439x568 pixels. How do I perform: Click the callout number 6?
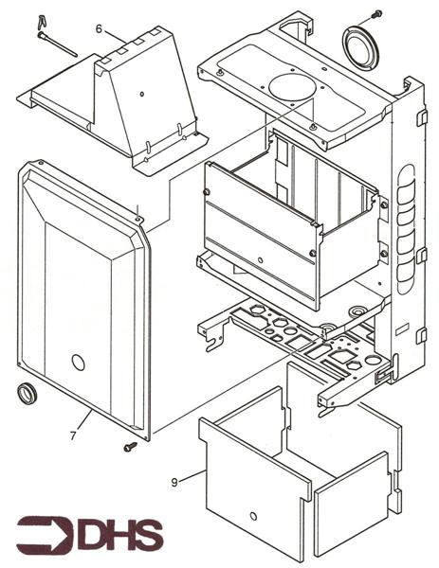pyautogui.click(x=99, y=28)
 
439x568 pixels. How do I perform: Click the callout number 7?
pyautogui.click(x=73, y=435)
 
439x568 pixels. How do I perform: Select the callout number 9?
pyautogui.click(x=174, y=483)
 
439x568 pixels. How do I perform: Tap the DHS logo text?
pyautogui.click(x=120, y=535)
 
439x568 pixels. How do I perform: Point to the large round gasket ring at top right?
pyautogui.click(x=360, y=47)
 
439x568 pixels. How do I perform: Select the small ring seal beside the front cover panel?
pyautogui.click(x=27, y=393)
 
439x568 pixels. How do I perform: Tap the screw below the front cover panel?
pyautogui.click(x=130, y=447)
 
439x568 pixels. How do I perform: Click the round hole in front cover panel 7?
pyautogui.click(x=78, y=363)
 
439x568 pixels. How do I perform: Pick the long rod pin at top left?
pyautogui.click(x=57, y=44)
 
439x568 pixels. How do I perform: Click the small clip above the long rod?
pyautogui.click(x=42, y=22)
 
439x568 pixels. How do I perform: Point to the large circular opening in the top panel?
pyautogui.click(x=291, y=88)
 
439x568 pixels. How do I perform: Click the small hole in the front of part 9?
pyautogui.click(x=253, y=516)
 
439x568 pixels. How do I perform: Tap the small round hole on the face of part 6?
pyautogui.click(x=142, y=94)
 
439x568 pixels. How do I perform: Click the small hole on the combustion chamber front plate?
pyautogui.click(x=260, y=260)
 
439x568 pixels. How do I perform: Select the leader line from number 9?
pyautogui.click(x=192, y=476)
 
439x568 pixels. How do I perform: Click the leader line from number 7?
pyautogui.click(x=83, y=420)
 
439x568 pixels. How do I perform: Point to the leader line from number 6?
pyautogui.click(x=116, y=37)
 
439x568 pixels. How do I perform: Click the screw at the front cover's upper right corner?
pyautogui.click(x=137, y=219)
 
